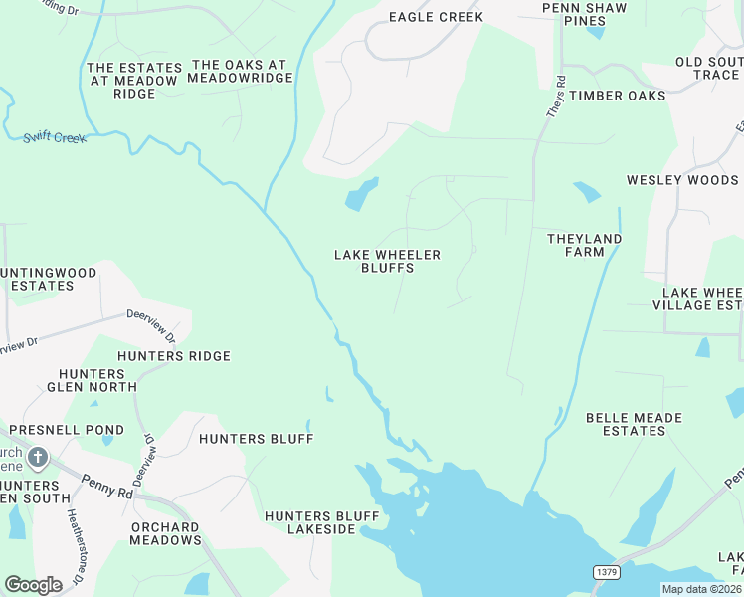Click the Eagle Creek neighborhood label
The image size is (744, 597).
tap(436, 17)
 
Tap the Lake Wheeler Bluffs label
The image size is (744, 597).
tap(387, 261)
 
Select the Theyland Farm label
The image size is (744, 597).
tap(584, 245)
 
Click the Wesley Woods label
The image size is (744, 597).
tap(682, 180)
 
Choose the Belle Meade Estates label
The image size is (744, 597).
tap(626, 424)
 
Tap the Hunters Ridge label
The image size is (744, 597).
tap(173, 356)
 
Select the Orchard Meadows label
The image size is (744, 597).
tap(164, 533)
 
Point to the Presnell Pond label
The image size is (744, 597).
tap(67, 430)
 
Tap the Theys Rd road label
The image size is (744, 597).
tap(555, 98)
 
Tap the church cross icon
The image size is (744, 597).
tap(37, 458)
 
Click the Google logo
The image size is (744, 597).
tap(33, 585)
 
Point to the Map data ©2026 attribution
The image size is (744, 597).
tap(701, 589)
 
